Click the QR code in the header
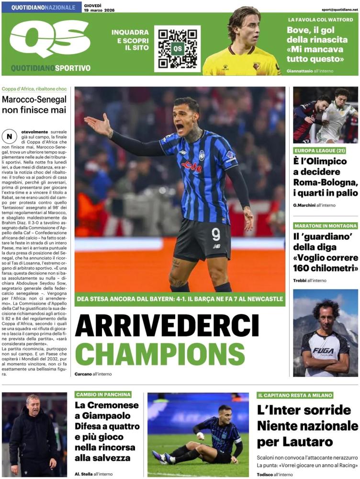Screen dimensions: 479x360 177,49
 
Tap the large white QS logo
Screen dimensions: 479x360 50,39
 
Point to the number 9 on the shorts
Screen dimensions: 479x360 215,234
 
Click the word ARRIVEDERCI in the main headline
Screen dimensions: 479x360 167,326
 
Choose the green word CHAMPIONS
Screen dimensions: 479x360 160,354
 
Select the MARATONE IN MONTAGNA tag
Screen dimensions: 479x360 326,226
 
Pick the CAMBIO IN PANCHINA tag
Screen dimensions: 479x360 103,395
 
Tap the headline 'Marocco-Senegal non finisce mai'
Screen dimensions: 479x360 34,105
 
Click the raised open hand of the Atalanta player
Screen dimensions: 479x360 98,125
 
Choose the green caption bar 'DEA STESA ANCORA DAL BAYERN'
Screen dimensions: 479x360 180,299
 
